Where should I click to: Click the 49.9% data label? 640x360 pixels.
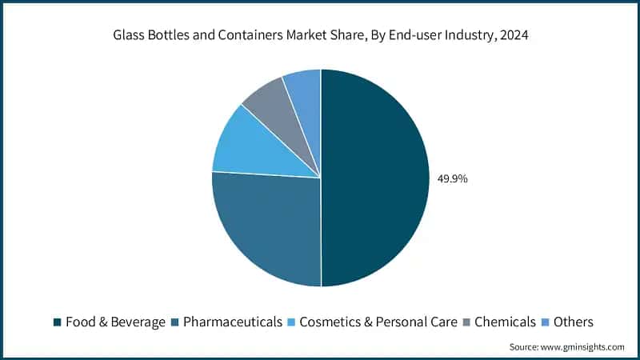(x=451, y=178)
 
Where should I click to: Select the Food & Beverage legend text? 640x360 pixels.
(x=115, y=322)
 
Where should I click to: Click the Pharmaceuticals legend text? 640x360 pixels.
(x=233, y=322)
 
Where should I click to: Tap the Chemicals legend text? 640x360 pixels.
(x=505, y=322)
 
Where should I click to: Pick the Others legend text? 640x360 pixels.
(x=574, y=322)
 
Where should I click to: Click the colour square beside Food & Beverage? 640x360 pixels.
(x=58, y=322)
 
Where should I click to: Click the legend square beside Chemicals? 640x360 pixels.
(x=467, y=322)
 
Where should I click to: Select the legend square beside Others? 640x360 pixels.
(x=546, y=322)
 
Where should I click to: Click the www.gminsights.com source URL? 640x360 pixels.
(x=584, y=347)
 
